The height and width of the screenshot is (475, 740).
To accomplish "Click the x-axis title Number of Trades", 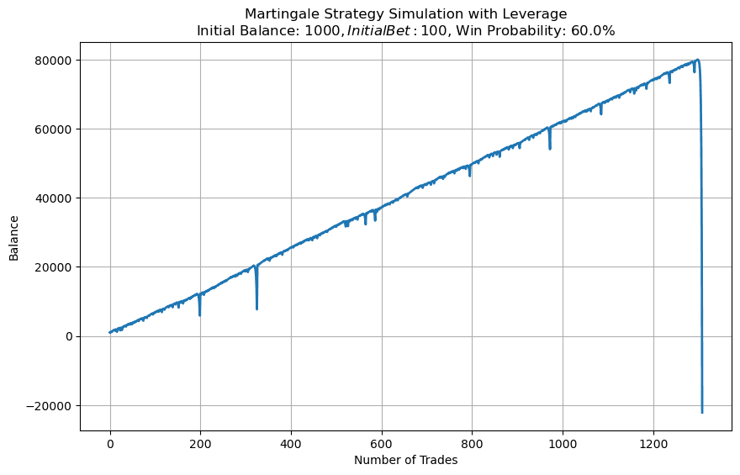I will (406, 460).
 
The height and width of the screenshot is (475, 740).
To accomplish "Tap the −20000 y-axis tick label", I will (50, 405).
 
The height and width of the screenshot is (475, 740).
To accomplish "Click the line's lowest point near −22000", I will (702, 412).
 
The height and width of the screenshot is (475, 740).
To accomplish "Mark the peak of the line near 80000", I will (697, 60).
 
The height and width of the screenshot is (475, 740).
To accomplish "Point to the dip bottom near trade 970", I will (550, 149).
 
